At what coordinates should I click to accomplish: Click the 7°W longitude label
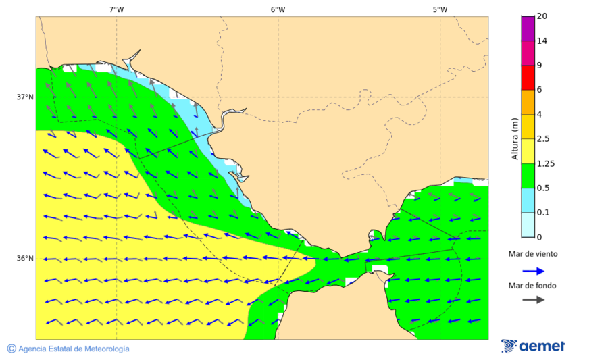click(x=116, y=9)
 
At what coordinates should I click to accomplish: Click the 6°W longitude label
click(x=278, y=9)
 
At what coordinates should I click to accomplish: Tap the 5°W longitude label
click(x=440, y=9)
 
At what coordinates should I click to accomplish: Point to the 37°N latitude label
click(x=25, y=97)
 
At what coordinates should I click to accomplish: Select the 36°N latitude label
click(x=25, y=259)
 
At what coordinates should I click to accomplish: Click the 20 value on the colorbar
click(x=542, y=16)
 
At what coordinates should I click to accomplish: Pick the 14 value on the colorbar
click(x=542, y=41)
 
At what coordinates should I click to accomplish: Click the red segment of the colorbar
click(x=528, y=78)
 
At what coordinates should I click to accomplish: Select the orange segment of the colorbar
click(x=528, y=102)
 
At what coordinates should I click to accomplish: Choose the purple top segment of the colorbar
click(x=528, y=28)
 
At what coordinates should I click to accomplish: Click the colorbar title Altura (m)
click(x=515, y=139)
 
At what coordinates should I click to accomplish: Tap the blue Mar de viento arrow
click(x=534, y=271)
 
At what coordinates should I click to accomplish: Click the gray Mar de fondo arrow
click(x=534, y=299)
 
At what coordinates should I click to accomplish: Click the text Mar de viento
click(x=534, y=254)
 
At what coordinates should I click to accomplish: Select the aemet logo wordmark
click(x=542, y=346)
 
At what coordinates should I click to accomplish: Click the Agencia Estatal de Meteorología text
click(x=74, y=349)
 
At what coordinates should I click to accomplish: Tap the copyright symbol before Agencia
click(x=11, y=349)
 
